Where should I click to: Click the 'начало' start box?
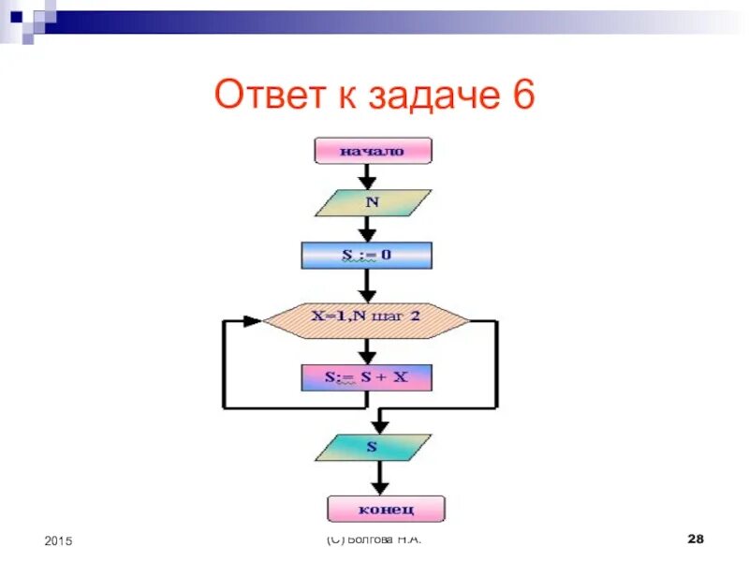pyautogui.click(x=373, y=151)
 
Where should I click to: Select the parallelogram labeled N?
pyautogui.click(x=372, y=202)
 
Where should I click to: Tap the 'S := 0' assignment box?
pyautogui.click(x=367, y=255)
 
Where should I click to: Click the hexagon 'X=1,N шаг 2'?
pyautogui.click(x=366, y=318)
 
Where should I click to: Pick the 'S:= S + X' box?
pyautogui.click(x=367, y=377)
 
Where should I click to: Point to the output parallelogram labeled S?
pyautogui.click(x=373, y=448)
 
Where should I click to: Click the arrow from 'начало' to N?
pyautogui.click(x=368, y=176)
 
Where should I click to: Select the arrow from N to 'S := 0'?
pyautogui.click(x=368, y=229)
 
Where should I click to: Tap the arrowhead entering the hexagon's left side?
pyautogui.click(x=252, y=320)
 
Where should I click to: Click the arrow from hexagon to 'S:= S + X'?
pyautogui.click(x=368, y=352)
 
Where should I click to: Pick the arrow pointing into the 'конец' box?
pyautogui.click(x=378, y=481)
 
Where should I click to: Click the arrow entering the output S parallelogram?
pyautogui.click(x=378, y=421)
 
